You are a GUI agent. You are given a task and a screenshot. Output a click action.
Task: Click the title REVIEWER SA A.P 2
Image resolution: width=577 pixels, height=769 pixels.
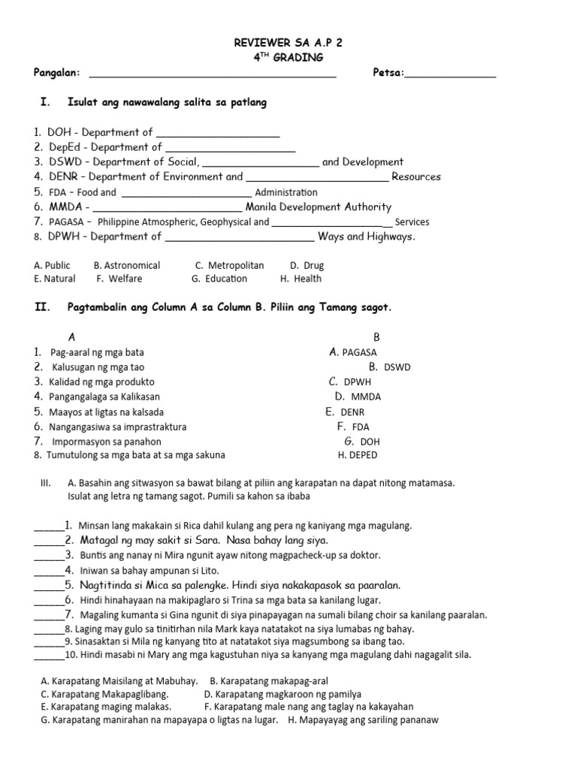coord(288,44)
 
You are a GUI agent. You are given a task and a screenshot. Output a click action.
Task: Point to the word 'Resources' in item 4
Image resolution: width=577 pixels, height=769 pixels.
coord(416,177)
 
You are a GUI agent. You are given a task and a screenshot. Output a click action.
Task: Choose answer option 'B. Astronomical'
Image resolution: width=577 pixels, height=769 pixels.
coord(127,265)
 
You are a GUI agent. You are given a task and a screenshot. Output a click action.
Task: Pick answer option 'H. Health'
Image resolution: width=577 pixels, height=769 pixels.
coord(301,279)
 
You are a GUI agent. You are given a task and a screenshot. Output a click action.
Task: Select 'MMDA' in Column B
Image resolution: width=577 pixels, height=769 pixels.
coord(366,397)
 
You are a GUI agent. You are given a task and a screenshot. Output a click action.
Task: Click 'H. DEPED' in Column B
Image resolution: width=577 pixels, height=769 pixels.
coord(358,455)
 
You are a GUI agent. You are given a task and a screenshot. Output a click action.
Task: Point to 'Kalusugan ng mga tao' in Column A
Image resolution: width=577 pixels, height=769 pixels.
coord(98,367)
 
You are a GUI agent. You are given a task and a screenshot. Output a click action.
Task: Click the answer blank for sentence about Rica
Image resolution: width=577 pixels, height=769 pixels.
coord(49,527)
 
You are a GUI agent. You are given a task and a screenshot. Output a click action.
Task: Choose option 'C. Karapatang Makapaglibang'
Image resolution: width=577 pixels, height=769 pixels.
coord(104,695)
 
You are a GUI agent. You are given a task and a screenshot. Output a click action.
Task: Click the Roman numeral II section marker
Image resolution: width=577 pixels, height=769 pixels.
coord(42,308)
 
